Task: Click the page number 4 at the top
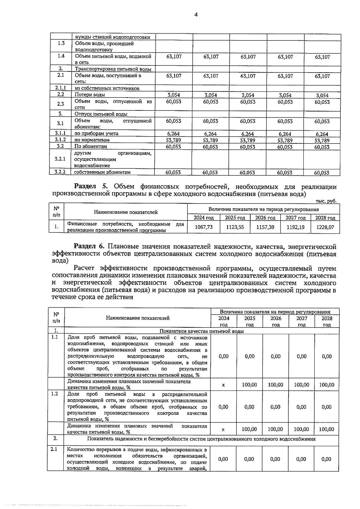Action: coord(196,15)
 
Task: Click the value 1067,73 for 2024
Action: coord(204,227)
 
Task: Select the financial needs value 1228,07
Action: coord(325,227)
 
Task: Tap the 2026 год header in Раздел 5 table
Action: coord(265,218)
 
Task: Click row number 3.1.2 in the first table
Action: coord(60,140)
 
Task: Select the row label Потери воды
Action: coord(90,95)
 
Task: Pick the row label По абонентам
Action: coord(91,146)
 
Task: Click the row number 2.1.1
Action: coord(61,88)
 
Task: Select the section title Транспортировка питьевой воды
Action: coord(113,69)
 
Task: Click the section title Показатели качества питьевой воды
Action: coord(201,331)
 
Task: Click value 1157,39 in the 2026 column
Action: coord(265,227)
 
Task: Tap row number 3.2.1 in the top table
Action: coord(60,159)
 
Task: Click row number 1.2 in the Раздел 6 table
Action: coord(55,393)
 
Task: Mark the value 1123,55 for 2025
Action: coord(235,227)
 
